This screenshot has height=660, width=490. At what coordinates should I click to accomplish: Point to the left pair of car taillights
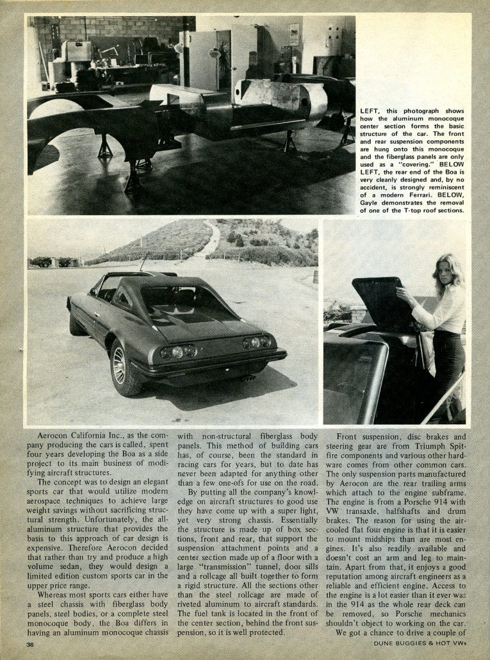point(179,351)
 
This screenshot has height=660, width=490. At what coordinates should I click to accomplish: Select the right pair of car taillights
point(256,342)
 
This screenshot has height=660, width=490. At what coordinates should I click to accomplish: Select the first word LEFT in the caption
point(371,111)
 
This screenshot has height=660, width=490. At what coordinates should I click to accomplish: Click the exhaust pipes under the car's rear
point(245,378)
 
